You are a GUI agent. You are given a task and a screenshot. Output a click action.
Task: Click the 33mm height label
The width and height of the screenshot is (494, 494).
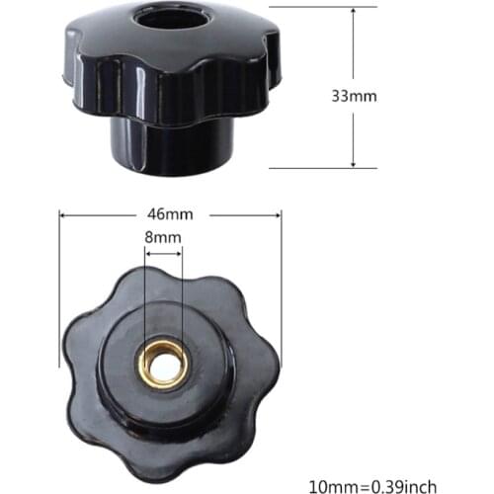tap(354, 97)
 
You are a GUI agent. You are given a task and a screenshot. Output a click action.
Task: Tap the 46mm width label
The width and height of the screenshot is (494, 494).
tap(170, 213)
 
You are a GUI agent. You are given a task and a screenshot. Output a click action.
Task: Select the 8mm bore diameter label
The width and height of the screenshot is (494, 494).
tap(163, 237)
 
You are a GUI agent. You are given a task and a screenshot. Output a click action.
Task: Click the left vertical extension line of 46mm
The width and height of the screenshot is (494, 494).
tap(59, 287)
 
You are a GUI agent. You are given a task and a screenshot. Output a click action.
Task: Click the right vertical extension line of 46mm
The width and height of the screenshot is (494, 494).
tap(281, 287)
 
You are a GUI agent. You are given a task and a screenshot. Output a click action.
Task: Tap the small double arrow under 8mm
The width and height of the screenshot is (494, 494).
tap(163, 253)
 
